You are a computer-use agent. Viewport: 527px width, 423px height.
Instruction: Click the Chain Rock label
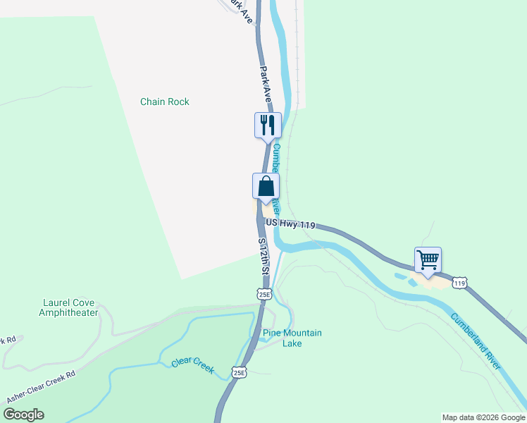click(x=165, y=102)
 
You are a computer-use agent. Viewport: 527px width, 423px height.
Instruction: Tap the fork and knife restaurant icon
click(x=268, y=125)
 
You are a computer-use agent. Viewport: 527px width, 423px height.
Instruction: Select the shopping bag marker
click(x=266, y=187)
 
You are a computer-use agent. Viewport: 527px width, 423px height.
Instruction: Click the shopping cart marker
click(x=428, y=260)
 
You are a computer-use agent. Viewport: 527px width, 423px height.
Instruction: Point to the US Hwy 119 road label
click(x=290, y=223)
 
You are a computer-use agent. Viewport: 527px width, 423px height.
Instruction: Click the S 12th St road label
click(x=264, y=256)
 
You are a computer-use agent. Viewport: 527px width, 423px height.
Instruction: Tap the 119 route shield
click(x=460, y=283)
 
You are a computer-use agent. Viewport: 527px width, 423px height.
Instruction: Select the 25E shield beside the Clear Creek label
click(x=240, y=372)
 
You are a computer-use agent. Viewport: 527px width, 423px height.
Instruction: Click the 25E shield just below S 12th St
click(x=264, y=293)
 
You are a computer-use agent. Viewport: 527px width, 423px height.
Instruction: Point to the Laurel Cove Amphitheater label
click(x=68, y=307)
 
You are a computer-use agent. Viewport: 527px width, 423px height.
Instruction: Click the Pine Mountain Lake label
click(x=292, y=338)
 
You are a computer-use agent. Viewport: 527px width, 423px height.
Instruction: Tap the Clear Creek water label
click(x=192, y=366)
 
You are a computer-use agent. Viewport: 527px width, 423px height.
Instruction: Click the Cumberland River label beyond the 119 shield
click(x=476, y=341)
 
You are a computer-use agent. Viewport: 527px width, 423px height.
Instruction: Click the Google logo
click(x=23, y=415)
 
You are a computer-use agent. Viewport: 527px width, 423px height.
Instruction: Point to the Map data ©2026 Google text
click(x=483, y=417)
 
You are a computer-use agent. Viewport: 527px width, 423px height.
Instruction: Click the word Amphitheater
click(x=68, y=312)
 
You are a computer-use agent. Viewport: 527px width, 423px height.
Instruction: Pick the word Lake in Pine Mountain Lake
click(x=292, y=343)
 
